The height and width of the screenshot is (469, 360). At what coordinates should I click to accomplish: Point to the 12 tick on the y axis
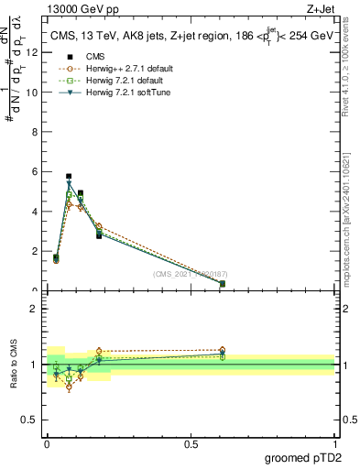(33, 52)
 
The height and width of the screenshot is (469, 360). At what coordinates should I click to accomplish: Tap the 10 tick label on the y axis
(33, 92)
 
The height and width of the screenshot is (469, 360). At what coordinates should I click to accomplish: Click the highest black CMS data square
(69, 176)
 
